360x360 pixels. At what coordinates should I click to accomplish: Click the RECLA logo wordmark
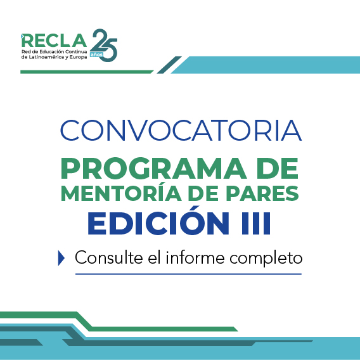pos(54,41)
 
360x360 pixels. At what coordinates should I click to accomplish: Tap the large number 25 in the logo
pos(104,45)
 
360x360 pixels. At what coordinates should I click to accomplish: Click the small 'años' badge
pos(96,55)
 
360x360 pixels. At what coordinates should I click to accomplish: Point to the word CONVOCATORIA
pos(181,130)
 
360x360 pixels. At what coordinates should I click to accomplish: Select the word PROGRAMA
pos(154,169)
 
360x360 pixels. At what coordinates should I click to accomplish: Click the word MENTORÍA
pos(121,192)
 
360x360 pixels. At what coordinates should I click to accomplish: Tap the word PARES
pos(262,193)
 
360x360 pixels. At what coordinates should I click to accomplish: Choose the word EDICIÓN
pos(158,221)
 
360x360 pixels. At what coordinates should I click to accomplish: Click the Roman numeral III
pos(256,223)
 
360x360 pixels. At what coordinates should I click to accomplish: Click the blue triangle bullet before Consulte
pos(61,258)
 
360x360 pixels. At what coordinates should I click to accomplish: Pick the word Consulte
pos(109,257)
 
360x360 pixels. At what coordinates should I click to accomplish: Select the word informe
pos(195,257)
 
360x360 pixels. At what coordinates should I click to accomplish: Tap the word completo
pos(266,259)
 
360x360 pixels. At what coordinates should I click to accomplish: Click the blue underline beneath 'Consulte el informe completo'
pos(188,274)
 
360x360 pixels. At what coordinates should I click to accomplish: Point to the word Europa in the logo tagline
pos(79,57)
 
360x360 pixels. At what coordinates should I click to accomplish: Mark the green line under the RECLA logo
pos(87,72)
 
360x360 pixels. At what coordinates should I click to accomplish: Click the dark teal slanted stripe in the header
pos(169,65)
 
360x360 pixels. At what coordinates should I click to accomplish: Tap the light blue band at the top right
pos(266,65)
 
